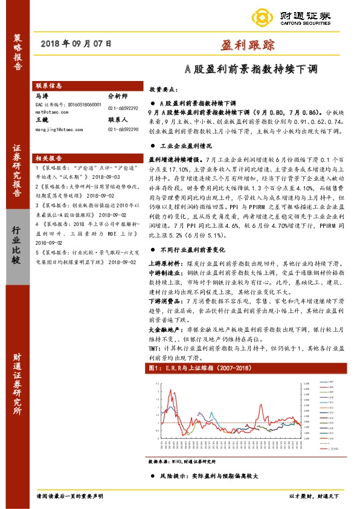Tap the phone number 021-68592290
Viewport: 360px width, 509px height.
[124, 129]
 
